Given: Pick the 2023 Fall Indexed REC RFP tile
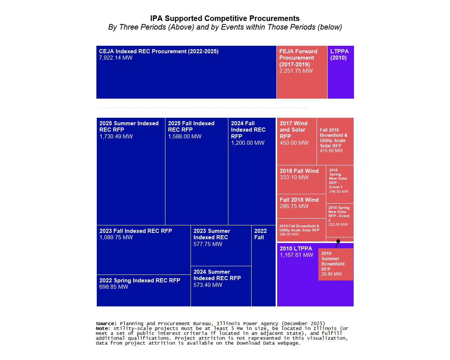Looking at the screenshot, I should [x=143, y=250].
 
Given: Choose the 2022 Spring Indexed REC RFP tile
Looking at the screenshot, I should [x=143, y=291].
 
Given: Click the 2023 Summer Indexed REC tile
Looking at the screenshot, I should [x=221, y=246].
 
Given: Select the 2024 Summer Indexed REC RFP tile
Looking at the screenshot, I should [x=221, y=286].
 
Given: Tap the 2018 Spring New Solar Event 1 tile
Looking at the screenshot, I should [x=340, y=184].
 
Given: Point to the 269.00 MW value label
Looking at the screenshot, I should [x=289, y=234].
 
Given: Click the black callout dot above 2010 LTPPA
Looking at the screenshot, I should [x=338, y=241].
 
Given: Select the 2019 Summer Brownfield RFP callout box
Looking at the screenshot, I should [x=336, y=264].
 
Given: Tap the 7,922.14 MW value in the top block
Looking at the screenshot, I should [x=115, y=58].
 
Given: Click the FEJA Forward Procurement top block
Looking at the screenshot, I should [x=302, y=72].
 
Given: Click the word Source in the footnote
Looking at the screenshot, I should [x=106, y=323].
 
